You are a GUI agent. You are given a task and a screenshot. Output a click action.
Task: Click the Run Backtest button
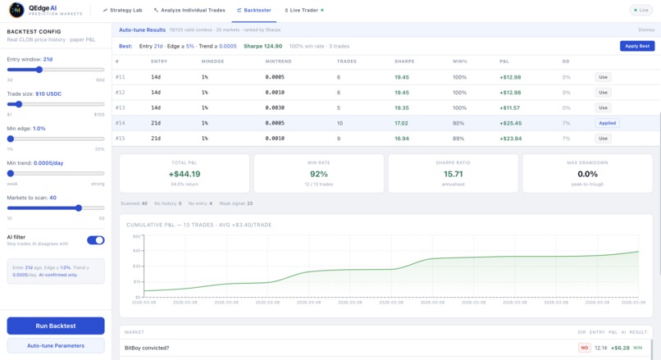point(56,326)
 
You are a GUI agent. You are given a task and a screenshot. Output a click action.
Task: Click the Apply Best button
point(636,46)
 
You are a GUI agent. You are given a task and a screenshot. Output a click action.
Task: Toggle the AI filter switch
point(95,240)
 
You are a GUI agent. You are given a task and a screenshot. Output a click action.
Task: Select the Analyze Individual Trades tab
point(189,10)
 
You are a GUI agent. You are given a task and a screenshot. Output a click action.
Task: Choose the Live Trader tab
point(304,10)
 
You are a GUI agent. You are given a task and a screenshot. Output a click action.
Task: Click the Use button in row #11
point(604,77)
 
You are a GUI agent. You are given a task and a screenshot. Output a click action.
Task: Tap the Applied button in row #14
point(607,123)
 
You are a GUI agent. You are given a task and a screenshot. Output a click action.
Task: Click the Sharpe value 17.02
point(401,123)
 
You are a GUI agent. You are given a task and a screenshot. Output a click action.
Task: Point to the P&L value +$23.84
point(509,139)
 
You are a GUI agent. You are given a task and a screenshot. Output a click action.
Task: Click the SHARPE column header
point(403,62)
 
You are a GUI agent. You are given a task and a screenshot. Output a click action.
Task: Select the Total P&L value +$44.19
point(184,174)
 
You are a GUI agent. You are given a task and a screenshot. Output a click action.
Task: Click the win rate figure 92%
point(318,174)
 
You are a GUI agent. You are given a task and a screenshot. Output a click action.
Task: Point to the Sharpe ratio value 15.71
point(452,174)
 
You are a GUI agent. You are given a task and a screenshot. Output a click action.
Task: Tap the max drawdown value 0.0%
point(587,174)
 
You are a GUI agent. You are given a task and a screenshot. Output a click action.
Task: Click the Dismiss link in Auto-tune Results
point(646,30)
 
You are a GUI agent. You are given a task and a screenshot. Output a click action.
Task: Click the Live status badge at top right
point(641,10)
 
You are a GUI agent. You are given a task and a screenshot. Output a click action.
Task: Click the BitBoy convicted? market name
point(147,348)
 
